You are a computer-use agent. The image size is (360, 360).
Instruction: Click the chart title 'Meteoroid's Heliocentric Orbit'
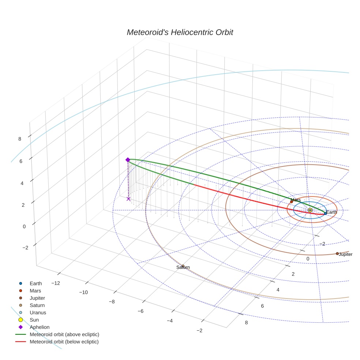point(180,33)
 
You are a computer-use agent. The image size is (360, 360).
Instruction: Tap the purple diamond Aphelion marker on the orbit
point(128,160)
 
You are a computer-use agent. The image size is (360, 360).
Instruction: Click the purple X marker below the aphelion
point(128,199)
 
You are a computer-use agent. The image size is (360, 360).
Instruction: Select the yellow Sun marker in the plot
point(310,210)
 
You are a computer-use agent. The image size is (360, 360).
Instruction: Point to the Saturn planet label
point(183,267)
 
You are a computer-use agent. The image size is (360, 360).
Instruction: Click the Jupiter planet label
point(345,254)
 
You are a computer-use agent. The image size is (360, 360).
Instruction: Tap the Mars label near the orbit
point(296,200)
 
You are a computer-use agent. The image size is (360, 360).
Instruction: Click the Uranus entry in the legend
point(38,312)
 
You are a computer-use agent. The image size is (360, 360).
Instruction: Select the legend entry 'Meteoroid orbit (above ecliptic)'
point(64,334)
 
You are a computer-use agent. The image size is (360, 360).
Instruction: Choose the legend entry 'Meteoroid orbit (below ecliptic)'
point(64,342)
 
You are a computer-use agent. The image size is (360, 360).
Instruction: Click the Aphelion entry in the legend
point(40,327)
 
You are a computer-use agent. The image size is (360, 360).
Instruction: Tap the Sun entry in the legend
point(34,320)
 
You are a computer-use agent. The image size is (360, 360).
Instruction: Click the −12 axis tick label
point(56,283)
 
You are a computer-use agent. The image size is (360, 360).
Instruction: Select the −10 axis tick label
point(84,292)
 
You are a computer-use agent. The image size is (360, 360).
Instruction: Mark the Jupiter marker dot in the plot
point(337,254)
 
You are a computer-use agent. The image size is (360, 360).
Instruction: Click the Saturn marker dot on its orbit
point(183,266)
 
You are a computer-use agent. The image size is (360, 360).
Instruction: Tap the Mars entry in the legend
point(35,290)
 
